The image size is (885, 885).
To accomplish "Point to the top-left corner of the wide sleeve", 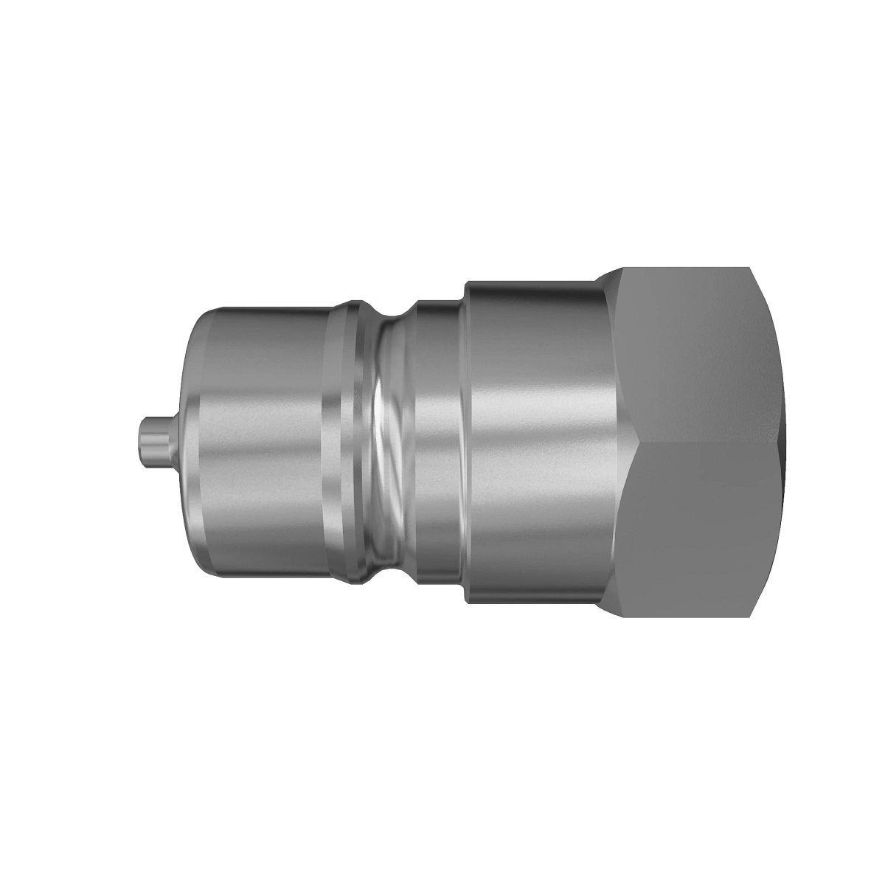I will [x=468, y=282].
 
